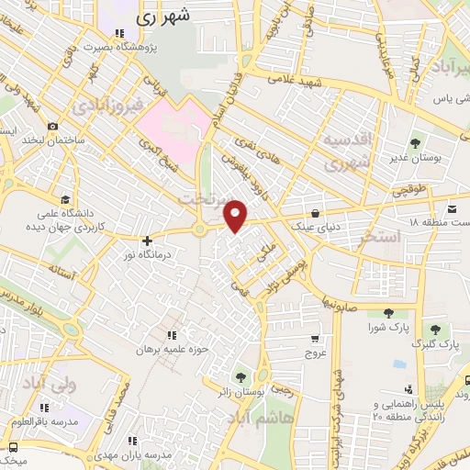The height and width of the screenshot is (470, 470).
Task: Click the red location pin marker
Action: pyautogui.click(x=237, y=215)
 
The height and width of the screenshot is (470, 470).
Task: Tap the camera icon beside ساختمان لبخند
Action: pyautogui.click(x=53, y=126)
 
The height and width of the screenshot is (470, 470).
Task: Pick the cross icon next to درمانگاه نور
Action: pyautogui.click(x=146, y=240)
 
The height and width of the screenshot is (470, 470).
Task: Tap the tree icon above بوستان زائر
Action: pyautogui.click(x=241, y=376)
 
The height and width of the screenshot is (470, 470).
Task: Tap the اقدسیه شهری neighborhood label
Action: pyautogui.click(x=343, y=151)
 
